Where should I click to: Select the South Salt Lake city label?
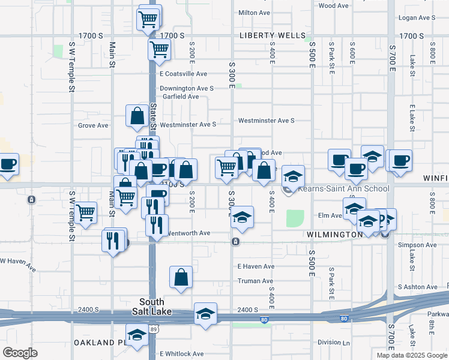(x=152, y=307)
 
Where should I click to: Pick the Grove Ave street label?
(x=93, y=125)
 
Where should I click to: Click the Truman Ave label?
(x=256, y=281)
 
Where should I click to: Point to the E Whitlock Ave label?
(x=181, y=354)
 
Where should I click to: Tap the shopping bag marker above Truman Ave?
(x=181, y=277)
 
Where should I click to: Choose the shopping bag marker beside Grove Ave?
(x=137, y=115)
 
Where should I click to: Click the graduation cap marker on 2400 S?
(x=205, y=314)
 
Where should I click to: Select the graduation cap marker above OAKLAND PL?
(x=137, y=335)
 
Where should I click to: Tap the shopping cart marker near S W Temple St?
(x=85, y=212)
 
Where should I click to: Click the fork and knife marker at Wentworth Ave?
(x=156, y=225)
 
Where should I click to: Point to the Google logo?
(x=20, y=353)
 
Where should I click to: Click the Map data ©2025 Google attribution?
(x=411, y=355)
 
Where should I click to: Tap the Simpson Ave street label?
(x=423, y=245)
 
